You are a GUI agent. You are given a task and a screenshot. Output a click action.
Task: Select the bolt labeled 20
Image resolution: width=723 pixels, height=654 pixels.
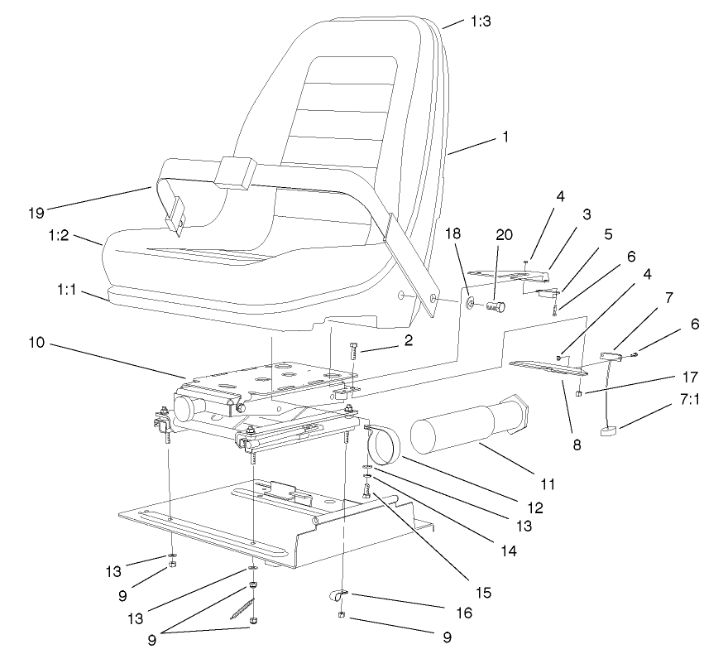[x=496, y=308]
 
